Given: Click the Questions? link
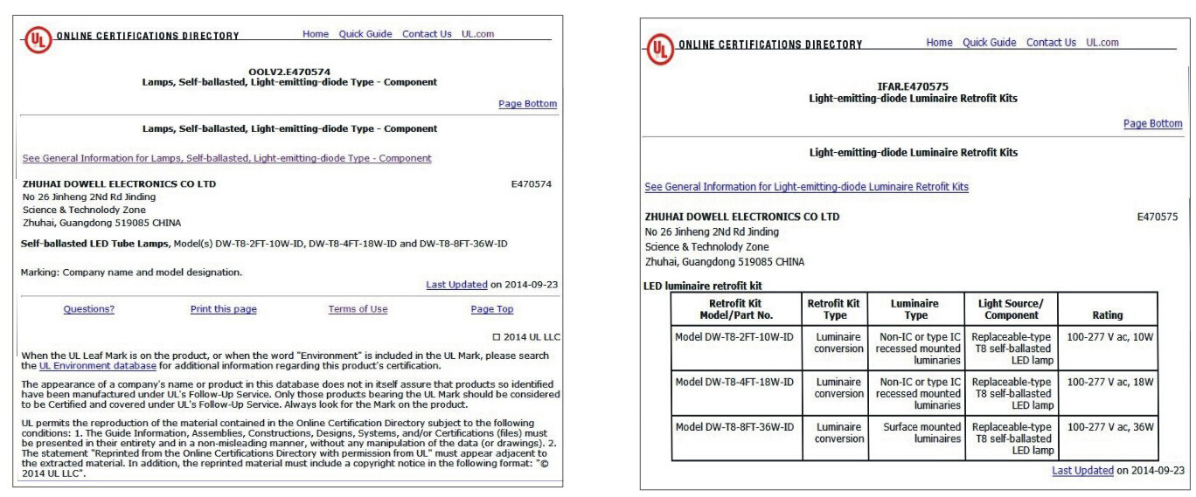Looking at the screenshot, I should coord(88,309).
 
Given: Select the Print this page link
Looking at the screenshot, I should coord(224,309).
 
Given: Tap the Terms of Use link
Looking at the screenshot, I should coord(358,309).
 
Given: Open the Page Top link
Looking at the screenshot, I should coord(492,309).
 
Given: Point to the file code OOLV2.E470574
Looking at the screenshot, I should coord(289,72).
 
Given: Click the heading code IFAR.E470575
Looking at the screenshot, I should coord(913,87).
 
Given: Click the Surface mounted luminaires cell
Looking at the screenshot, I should coord(917,432).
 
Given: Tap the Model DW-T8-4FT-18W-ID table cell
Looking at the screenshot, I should coord(734,382).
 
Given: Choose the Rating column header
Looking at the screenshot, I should coord(1108,315).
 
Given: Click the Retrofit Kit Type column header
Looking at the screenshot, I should coord(834,309).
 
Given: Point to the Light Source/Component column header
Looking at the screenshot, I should coord(1012,309).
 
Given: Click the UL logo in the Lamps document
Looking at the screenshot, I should coord(38,39).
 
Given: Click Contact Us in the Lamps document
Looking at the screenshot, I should coord(427,34).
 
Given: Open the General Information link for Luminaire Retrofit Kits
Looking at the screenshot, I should coord(806,187).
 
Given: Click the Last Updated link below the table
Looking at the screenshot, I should coord(1082,471).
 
